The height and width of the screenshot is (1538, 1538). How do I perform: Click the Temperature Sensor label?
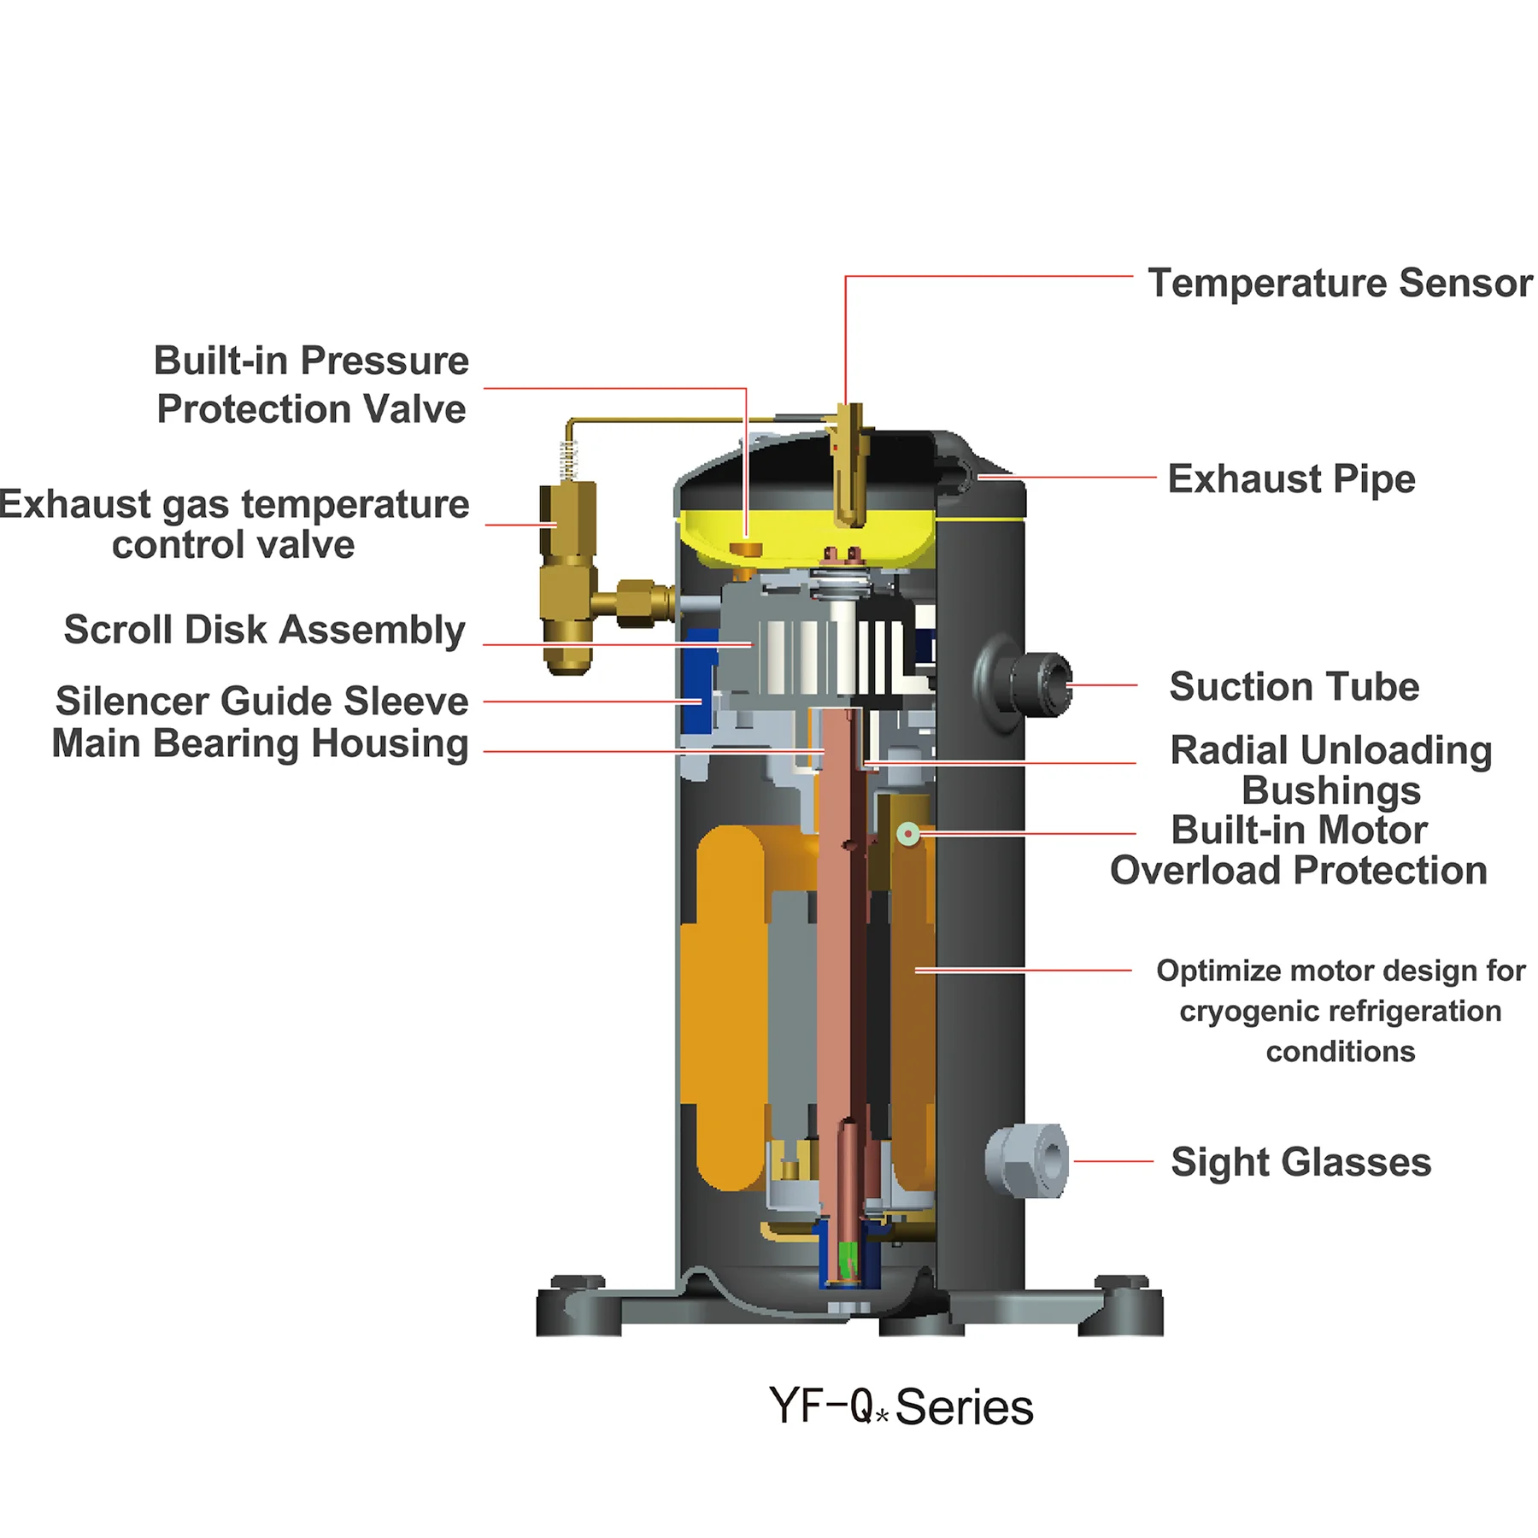[1339, 283]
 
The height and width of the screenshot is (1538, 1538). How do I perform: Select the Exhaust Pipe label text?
[1290, 478]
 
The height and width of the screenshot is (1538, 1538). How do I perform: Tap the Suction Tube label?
[1294, 686]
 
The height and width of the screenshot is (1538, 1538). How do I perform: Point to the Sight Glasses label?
[1300, 1162]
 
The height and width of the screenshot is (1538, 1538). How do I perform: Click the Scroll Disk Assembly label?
[264, 630]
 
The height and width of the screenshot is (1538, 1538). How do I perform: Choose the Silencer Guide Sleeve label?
[261, 701]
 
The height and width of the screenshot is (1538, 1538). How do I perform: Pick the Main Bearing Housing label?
[260, 743]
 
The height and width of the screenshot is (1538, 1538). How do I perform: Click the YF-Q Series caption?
[901, 1407]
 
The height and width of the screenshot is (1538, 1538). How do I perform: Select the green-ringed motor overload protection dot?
[908, 833]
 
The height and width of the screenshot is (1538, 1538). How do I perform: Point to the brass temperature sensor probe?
[849, 466]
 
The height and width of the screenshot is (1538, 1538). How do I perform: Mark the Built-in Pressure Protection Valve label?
[311, 384]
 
